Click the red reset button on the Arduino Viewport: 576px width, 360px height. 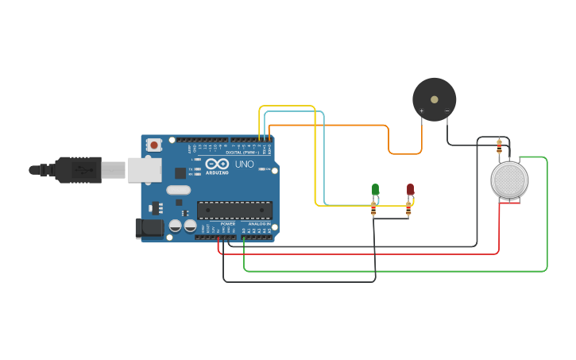tap(153, 145)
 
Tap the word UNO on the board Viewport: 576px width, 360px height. tap(244, 164)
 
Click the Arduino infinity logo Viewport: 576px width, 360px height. tap(217, 163)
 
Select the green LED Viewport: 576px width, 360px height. tap(375, 189)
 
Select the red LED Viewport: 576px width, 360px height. tap(410, 189)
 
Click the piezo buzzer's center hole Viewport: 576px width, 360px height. tap(434, 99)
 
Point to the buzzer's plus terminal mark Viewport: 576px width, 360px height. tap(422, 111)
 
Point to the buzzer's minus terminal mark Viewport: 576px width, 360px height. tap(446, 111)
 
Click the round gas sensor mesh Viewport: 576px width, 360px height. tap(509, 180)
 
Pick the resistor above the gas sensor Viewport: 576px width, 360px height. tap(499, 146)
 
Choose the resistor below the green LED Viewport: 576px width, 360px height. tap(373, 208)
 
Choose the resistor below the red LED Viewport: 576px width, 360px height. tap(408, 208)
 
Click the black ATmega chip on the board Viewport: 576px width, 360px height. tap(234, 210)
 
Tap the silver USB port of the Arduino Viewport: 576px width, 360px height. tap(145, 169)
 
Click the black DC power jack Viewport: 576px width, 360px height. tap(149, 228)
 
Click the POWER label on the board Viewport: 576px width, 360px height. tap(227, 224)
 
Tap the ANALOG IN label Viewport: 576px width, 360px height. tap(259, 224)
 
